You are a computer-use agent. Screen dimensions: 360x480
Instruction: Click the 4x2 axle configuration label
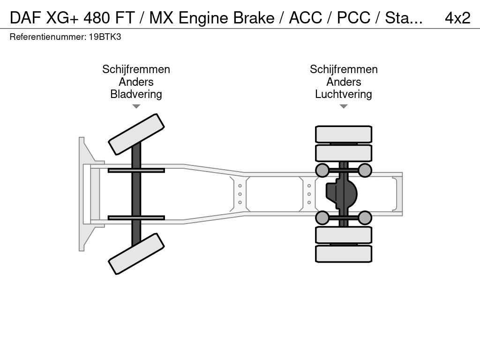(457, 18)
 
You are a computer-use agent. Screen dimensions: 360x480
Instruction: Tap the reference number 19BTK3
(105, 37)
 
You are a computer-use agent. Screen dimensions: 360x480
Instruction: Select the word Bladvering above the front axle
(136, 94)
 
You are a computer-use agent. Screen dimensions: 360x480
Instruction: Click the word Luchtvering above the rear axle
(344, 94)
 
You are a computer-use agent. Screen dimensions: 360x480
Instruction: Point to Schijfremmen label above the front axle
(136, 70)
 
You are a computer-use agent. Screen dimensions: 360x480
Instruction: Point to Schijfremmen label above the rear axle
(344, 70)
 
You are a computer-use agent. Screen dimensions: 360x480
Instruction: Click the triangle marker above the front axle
(136, 106)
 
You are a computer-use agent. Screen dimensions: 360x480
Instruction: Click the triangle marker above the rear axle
(344, 106)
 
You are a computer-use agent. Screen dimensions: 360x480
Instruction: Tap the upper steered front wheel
(136, 134)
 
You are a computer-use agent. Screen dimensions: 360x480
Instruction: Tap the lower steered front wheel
(136, 254)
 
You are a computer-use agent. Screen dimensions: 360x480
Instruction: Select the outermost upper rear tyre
(344, 134)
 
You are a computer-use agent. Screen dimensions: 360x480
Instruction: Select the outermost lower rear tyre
(344, 254)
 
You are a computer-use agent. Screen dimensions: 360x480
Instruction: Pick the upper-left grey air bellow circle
(322, 170)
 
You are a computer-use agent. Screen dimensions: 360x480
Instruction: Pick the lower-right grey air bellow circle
(365, 217)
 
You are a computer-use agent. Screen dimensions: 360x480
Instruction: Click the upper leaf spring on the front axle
(136, 171)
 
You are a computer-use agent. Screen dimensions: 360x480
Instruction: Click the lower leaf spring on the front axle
(136, 217)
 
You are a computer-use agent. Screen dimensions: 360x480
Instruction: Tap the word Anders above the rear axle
(344, 82)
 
